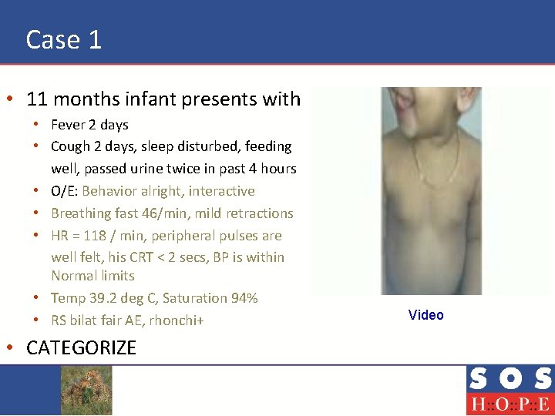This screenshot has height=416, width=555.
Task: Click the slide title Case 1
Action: tap(64, 39)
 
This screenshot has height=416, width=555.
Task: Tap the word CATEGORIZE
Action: tap(81, 348)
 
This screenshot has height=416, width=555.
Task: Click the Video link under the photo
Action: tap(425, 315)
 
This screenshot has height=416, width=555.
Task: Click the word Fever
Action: tap(68, 125)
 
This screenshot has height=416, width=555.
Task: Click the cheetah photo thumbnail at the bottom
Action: tap(86, 390)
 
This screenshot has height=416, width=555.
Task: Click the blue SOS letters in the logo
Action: tap(509, 379)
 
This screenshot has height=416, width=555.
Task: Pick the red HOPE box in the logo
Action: tap(509, 404)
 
